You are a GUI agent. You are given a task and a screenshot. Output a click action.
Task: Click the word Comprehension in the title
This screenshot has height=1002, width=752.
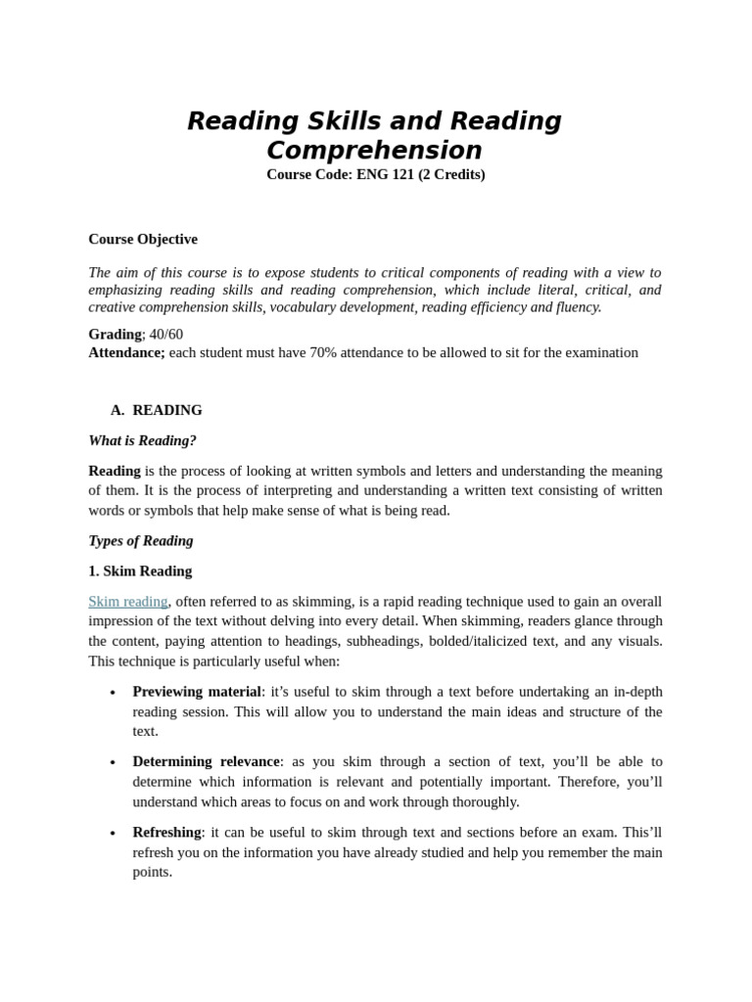(374, 151)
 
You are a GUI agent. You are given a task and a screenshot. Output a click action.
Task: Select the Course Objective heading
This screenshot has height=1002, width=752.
(143, 239)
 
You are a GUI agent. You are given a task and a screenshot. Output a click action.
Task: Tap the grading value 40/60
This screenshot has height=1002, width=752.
(166, 335)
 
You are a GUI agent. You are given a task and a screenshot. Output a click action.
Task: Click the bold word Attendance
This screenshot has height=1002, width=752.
(126, 352)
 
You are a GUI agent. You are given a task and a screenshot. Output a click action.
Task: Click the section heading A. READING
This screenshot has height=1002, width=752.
(157, 410)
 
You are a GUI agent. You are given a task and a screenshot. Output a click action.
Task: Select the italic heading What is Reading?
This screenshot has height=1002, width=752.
(143, 440)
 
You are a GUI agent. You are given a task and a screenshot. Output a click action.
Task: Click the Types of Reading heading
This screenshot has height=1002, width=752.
(141, 540)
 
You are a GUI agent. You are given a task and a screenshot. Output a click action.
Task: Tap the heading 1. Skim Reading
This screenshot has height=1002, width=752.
(140, 570)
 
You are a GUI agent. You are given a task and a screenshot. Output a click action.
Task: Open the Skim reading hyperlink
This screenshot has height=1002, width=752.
(128, 601)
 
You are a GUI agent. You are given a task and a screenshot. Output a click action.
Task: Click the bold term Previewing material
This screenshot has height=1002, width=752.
(197, 692)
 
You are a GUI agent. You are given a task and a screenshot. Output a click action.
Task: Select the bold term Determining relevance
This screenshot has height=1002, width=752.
(206, 761)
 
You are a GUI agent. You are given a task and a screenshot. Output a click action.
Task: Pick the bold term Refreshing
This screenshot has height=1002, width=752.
(166, 832)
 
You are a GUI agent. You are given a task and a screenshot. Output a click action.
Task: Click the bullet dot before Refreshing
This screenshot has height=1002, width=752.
(113, 834)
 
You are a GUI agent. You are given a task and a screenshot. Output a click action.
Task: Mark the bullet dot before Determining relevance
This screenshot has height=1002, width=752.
(113, 762)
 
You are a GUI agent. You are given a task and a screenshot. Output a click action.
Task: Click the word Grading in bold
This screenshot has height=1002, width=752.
(115, 335)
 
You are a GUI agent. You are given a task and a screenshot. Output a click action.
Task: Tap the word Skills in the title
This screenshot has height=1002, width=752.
(347, 121)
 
